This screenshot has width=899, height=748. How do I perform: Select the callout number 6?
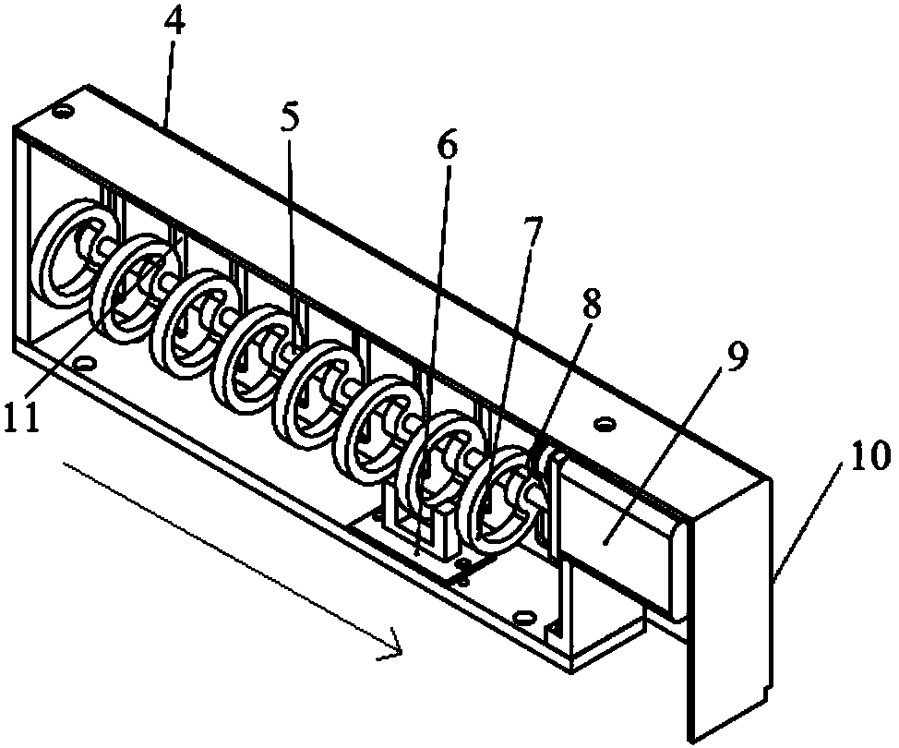pyautogui.click(x=446, y=148)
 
